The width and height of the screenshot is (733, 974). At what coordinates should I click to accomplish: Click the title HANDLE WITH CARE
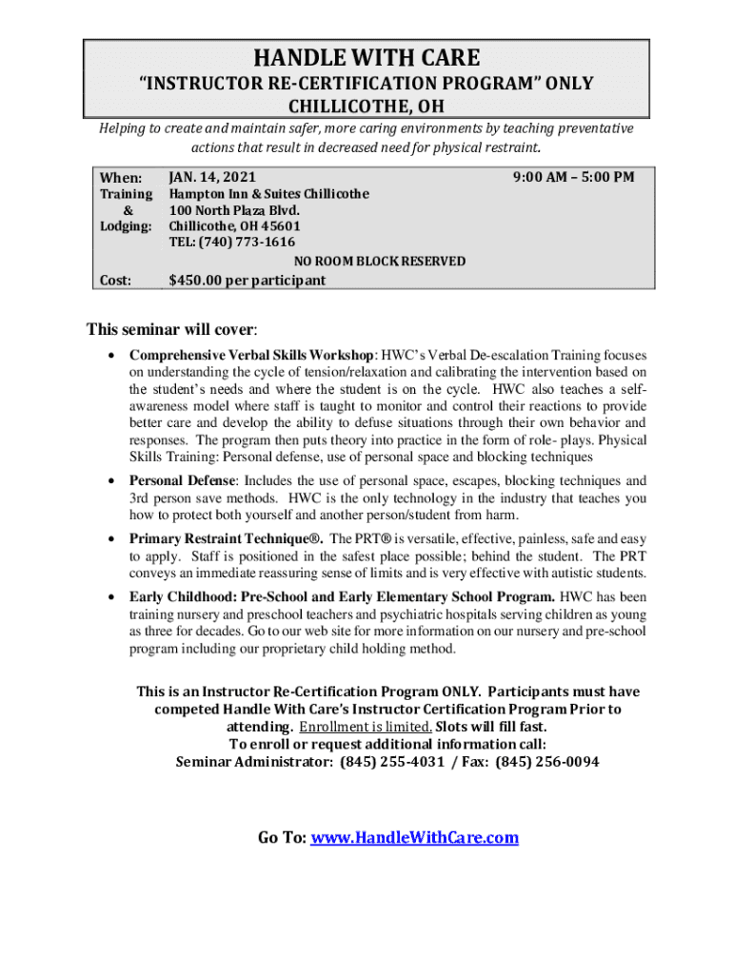tap(366, 57)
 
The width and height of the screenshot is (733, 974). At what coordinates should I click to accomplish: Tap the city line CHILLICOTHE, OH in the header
tap(366, 106)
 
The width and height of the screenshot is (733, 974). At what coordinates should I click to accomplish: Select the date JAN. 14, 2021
tap(211, 177)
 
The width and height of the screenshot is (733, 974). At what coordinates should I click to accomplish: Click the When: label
tap(121, 178)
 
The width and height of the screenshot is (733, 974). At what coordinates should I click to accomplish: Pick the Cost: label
tap(115, 280)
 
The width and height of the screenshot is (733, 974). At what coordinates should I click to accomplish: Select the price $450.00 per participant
tap(247, 280)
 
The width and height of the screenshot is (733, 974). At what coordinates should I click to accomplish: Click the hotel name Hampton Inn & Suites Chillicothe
tap(268, 193)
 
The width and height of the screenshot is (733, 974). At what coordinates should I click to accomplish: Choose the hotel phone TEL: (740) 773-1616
tap(231, 242)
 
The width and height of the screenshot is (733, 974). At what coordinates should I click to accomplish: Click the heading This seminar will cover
tap(170, 330)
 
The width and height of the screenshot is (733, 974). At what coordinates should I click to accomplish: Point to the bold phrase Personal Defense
tap(182, 481)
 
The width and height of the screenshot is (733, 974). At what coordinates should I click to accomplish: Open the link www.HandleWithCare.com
tap(415, 838)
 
